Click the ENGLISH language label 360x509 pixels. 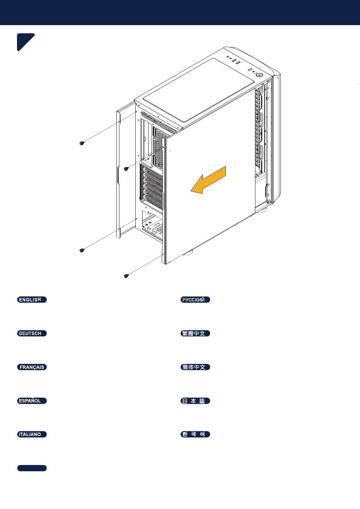pyautogui.click(x=32, y=300)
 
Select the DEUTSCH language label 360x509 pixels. pyautogui.click(x=32, y=333)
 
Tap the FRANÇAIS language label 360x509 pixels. pyautogui.click(x=32, y=367)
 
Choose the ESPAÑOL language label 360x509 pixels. pyautogui.click(x=32, y=401)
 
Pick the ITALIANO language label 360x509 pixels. pyautogui.click(x=32, y=434)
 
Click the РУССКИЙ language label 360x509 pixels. pyautogui.click(x=195, y=300)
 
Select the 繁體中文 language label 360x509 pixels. pyautogui.click(x=195, y=333)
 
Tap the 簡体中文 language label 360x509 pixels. pyautogui.click(x=195, y=367)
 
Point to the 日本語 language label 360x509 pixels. pyautogui.click(x=195, y=401)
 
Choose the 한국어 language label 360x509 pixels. pyautogui.click(x=195, y=434)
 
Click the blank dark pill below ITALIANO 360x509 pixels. pyautogui.click(x=32, y=468)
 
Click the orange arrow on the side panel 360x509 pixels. pyautogui.click(x=208, y=180)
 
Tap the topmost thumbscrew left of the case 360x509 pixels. pyautogui.click(x=82, y=143)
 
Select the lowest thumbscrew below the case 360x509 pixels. pyautogui.click(x=126, y=276)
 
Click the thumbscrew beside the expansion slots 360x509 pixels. pyautogui.click(x=126, y=169)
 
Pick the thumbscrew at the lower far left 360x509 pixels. pyautogui.click(x=82, y=250)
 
